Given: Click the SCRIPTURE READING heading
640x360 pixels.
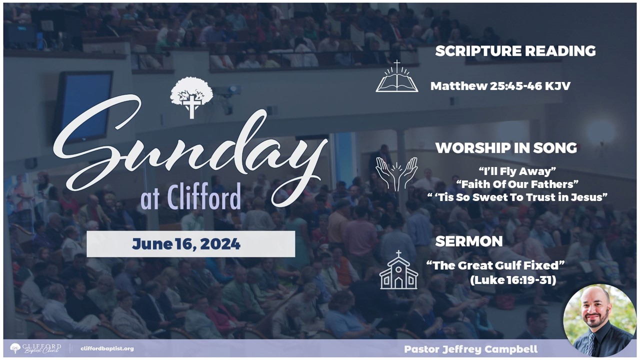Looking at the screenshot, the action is coord(515,51).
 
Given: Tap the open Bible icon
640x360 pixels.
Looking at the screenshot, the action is coord(397,76).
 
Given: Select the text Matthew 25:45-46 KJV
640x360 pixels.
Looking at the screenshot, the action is coord(500,86).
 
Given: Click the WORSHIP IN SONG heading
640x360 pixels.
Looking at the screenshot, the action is coord(506,148).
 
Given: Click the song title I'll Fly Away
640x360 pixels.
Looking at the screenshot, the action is coord(517,171).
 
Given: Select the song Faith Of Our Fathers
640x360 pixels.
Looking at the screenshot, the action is coord(517,184).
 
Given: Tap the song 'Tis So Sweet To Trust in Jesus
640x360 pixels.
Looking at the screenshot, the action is coord(517,197).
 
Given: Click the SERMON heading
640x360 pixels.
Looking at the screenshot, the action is coord(469,241).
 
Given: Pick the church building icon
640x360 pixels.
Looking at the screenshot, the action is coord(398,270).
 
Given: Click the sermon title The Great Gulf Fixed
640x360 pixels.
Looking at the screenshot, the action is coord(495,265).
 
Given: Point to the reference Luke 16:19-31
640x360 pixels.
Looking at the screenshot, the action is coord(513,280).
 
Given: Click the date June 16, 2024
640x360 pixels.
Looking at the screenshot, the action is coord(186,244).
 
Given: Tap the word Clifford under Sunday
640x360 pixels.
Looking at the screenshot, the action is coord(203,196).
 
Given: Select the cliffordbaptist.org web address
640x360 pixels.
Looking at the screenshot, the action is coord(107,348).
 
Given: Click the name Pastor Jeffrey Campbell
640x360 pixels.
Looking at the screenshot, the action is coord(471,349).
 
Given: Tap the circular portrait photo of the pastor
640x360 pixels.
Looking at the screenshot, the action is coord(599,321).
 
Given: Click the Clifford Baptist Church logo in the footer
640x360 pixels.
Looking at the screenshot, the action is coord(35,348).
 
